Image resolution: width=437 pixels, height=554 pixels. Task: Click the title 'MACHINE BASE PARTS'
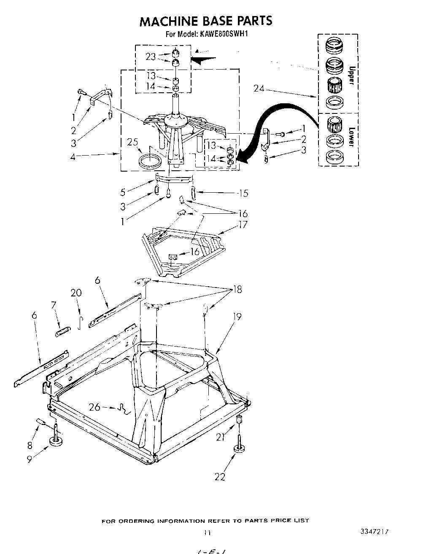click(x=206, y=21)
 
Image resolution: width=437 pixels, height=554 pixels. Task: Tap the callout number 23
click(x=151, y=56)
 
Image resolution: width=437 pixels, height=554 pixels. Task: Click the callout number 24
click(x=259, y=89)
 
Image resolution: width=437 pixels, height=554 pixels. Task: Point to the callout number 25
click(x=133, y=143)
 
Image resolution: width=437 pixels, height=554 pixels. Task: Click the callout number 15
click(x=243, y=193)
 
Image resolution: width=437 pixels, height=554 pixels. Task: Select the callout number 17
click(x=243, y=224)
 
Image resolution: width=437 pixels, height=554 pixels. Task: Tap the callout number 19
click(x=237, y=316)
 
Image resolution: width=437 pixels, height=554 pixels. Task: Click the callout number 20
click(x=76, y=293)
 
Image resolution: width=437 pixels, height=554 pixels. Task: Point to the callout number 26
click(x=95, y=407)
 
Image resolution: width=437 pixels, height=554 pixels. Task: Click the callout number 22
click(x=220, y=476)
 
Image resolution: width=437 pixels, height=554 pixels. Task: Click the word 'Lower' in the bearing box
click(x=351, y=137)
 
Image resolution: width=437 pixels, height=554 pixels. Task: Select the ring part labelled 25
click(x=149, y=161)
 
